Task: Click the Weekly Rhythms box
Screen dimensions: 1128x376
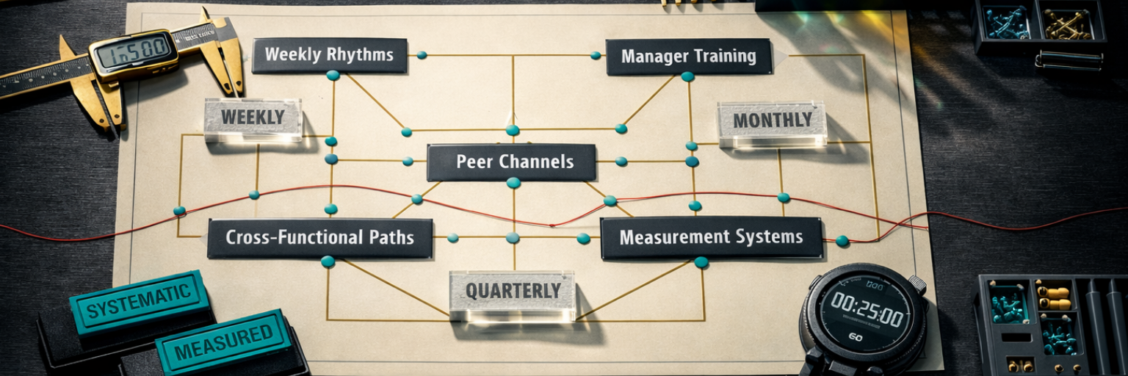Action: pos(329,55)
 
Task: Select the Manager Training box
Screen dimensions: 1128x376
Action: pos(688,57)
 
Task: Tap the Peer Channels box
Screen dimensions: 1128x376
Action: pos(511,162)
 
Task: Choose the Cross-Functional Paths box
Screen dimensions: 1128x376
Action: pos(319,238)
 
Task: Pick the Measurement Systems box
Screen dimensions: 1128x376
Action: pos(711,238)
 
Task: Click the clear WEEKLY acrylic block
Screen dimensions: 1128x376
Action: pos(253,118)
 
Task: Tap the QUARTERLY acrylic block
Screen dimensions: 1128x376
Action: pos(513,292)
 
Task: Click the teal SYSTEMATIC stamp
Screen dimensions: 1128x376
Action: pos(140,301)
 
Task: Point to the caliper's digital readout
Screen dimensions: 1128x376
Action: pos(133,54)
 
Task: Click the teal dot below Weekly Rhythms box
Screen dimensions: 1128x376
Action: pos(333,75)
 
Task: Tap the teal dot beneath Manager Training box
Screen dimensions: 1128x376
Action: pos(687,76)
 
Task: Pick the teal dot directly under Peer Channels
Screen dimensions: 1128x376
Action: pos(513,183)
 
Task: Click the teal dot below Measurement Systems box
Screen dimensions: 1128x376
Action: pos(701,262)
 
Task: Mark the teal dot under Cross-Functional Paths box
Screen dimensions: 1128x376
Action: pos(328,261)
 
